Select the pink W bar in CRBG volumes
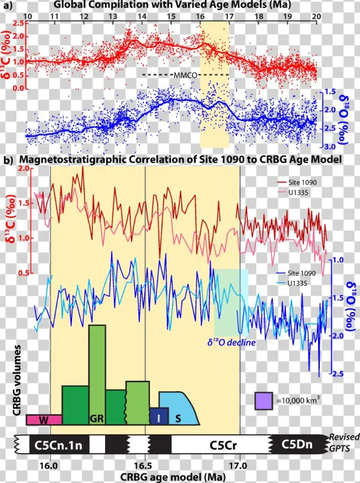click(x=44, y=420)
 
